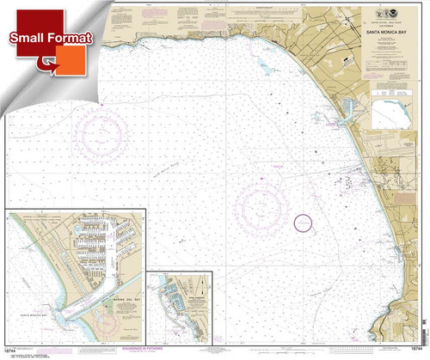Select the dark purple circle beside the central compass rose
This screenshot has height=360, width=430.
[x=302, y=223]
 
